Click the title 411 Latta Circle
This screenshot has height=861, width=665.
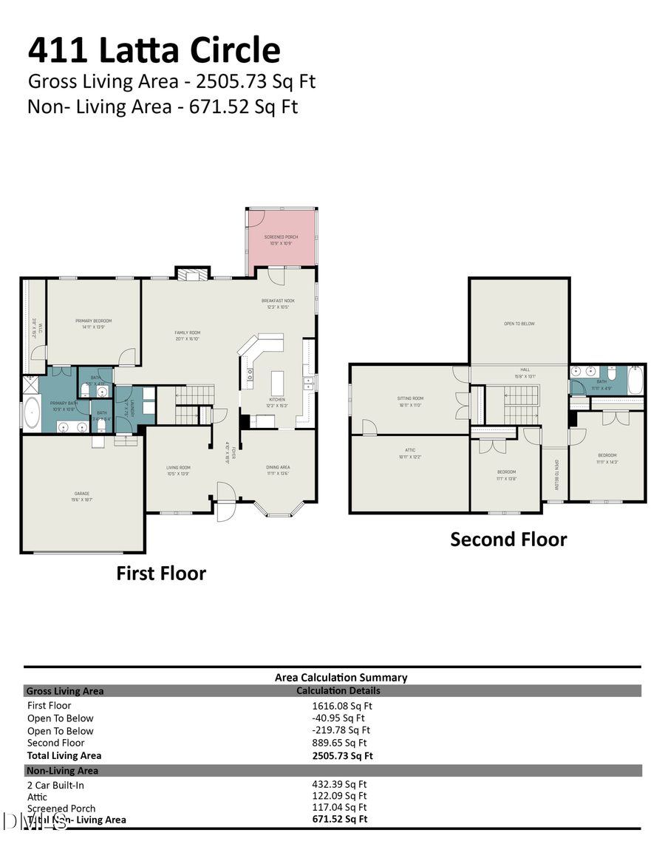[x=154, y=50]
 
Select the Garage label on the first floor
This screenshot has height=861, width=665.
[x=81, y=495]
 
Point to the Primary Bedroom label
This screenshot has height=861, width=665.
[x=94, y=322]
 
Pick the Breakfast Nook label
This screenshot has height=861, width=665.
[x=278, y=302]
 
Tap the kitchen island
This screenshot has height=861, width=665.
[x=278, y=383]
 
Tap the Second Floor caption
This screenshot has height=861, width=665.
[x=508, y=540]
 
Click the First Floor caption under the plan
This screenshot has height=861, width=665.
[x=161, y=574]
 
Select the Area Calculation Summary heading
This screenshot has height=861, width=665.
[x=341, y=677]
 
